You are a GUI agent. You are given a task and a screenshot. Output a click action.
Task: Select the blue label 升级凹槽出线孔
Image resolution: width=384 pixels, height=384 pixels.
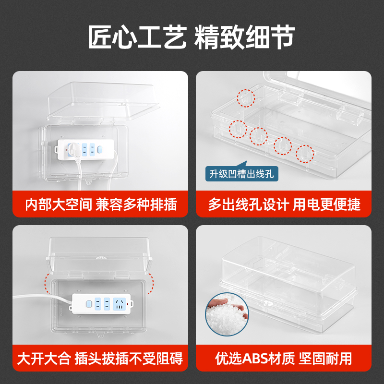[242, 173]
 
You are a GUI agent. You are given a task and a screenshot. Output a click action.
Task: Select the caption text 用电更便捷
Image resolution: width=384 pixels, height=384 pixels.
[327, 204]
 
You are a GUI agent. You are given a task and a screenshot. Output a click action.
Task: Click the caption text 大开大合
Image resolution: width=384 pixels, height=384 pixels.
[44, 358]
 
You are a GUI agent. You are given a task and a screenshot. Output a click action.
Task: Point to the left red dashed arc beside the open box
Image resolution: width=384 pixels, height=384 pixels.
[47, 284]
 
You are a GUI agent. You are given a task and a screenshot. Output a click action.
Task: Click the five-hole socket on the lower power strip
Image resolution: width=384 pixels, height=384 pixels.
[120, 303]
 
